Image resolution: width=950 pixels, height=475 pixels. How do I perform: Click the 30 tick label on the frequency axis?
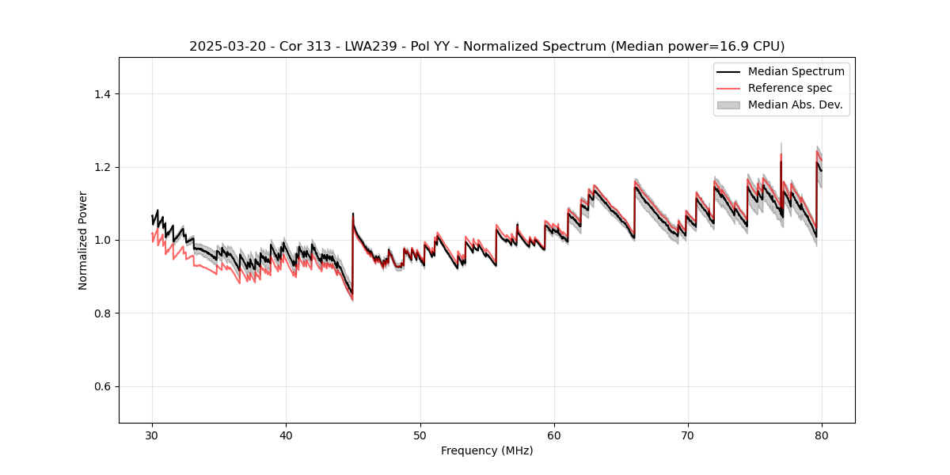click(x=152, y=435)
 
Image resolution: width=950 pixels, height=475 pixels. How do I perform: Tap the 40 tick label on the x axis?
click(x=286, y=435)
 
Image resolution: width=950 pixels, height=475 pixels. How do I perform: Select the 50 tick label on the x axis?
click(x=420, y=435)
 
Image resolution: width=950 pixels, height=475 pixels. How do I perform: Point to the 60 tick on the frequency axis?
click(x=554, y=435)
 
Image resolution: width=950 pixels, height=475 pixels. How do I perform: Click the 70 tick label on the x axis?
click(x=688, y=435)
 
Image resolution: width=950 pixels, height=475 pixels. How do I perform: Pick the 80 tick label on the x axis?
click(x=822, y=435)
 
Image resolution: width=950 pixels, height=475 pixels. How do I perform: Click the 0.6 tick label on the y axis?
click(x=104, y=386)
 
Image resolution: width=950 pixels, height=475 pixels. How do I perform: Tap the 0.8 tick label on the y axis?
click(x=104, y=313)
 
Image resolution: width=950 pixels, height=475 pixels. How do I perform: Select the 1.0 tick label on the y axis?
click(x=104, y=240)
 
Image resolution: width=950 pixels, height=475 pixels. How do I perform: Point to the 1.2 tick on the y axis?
click(x=104, y=167)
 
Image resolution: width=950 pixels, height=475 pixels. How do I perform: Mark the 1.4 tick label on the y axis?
click(x=104, y=94)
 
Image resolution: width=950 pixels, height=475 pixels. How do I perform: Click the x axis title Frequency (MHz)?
click(x=487, y=450)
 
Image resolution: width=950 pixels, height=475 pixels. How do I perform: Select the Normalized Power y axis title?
click(x=83, y=240)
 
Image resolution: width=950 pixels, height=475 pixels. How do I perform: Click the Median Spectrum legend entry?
click(x=796, y=71)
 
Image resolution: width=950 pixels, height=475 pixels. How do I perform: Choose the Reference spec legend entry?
click(x=789, y=88)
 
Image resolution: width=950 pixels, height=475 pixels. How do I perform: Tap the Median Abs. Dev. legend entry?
click(x=795, y=104)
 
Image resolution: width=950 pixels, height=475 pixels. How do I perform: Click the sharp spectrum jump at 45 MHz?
click(x=352, y=253)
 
